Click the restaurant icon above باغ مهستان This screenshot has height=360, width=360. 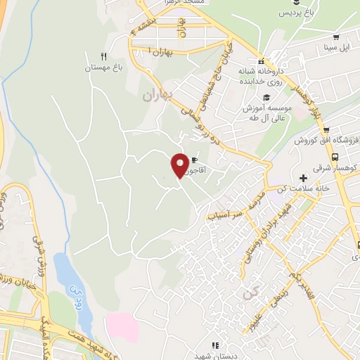tap(104, 56)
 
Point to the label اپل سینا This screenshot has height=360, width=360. tap(336, 48)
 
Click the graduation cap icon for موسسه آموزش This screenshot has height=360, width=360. tap(266, 97)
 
